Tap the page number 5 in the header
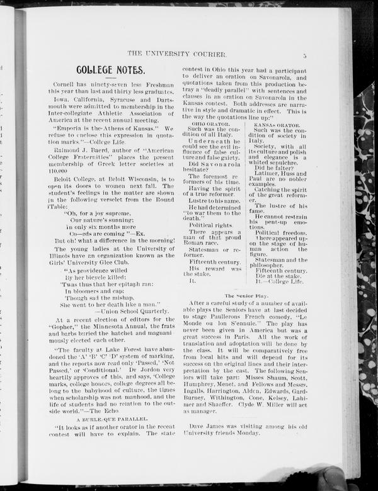coord(304,55)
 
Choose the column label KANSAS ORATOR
coord(272,125)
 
